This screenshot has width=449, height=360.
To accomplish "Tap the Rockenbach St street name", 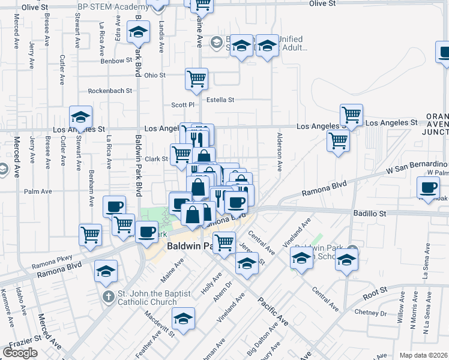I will (x=110, y=91).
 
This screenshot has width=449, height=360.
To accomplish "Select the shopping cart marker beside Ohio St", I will (x=196, y=79).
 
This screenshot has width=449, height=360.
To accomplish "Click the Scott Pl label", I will (x=184, y=105).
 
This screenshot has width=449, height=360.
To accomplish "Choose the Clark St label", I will (x=156, y=159).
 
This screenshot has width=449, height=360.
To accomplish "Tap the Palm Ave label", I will (x=38, y=192).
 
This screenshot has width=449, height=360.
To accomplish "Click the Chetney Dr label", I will (x=370, y=313).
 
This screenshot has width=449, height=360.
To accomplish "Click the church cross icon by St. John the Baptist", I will (x=107, y=296).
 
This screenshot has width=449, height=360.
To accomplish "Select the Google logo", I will (x=20, y=353).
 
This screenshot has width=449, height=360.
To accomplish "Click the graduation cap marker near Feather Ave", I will (x=184, y=317).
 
